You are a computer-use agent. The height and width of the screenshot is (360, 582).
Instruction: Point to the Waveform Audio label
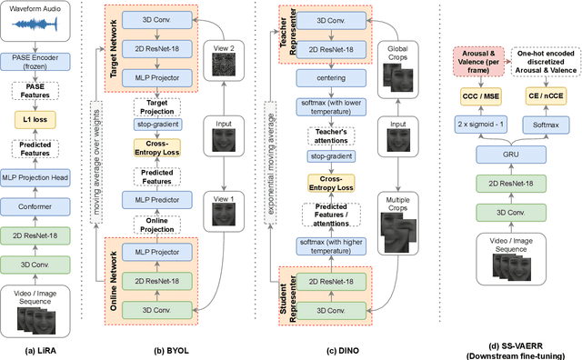click(x=40, y=10)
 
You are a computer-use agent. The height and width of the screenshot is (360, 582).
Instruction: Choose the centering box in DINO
click(x=325, y=79)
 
